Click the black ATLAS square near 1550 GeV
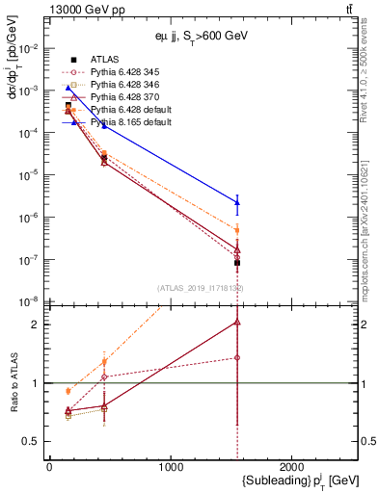(237, 262)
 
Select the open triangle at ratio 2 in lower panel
(237, 323)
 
